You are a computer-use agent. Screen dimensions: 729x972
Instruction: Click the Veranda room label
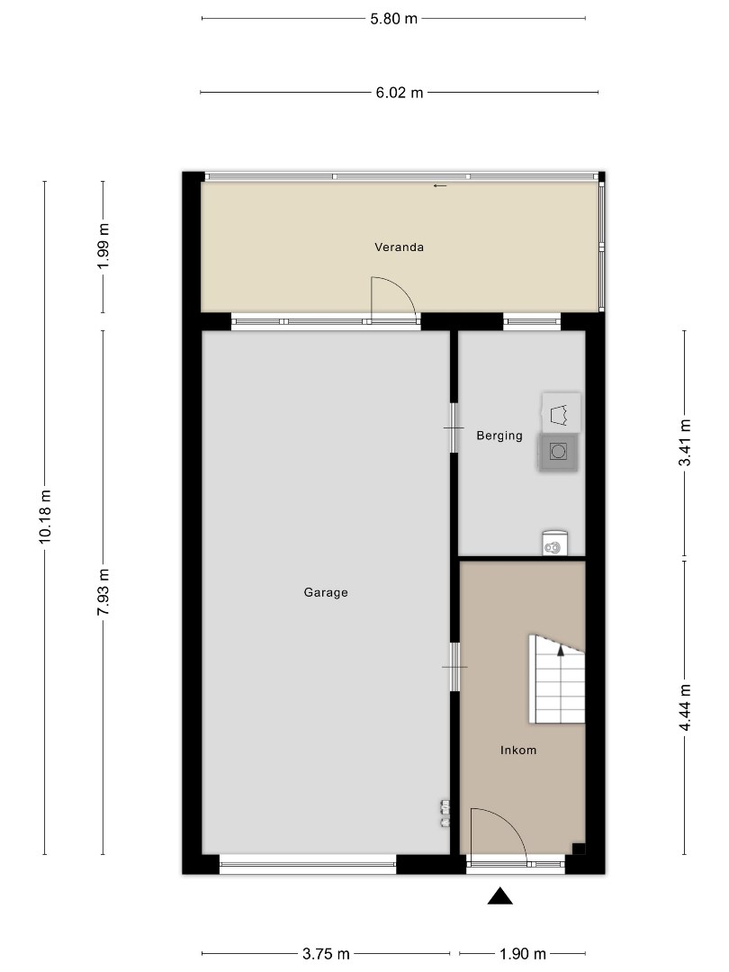tap(400, 247)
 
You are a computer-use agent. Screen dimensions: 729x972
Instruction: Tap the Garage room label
tap(326, 592)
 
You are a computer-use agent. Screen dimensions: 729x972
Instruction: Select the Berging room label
tap(499, 436)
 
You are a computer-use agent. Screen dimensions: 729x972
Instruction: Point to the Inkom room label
tap(518, 750)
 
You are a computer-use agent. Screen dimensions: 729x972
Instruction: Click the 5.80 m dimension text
tap(393, 19)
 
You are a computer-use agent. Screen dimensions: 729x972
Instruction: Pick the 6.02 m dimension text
tap(400, 93)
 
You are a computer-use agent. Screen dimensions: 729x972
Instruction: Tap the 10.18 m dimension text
tap(45, 517)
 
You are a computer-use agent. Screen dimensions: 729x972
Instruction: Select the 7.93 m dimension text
tap(103, 592)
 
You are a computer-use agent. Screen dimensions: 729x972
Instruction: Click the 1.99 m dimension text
tap(103, 246)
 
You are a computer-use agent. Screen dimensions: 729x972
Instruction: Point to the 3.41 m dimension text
tap(684, 443)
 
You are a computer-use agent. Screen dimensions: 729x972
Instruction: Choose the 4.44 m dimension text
tap(684, 707)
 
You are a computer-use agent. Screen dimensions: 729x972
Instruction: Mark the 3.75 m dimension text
tap(326, 953)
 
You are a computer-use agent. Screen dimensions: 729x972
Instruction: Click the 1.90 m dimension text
tap(523, 953)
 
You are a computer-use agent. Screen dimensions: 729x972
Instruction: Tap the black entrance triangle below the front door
tap(499, 896)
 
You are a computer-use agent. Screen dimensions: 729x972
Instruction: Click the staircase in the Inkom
tap(557, 679)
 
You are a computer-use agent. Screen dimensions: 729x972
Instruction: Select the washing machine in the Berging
tap(558, 451)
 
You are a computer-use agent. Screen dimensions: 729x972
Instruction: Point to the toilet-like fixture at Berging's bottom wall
tap(554, 543)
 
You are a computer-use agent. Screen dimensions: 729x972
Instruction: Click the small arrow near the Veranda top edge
tap(440, 185)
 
